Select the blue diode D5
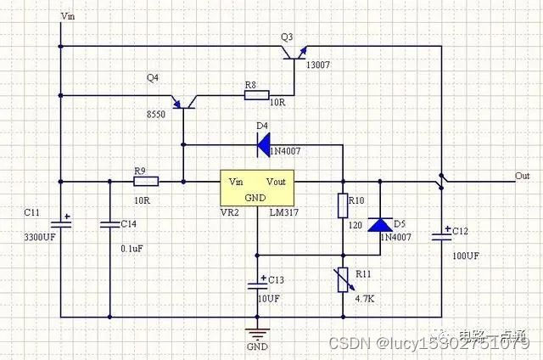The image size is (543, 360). click(379, 225)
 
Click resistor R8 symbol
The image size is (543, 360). click(257, 95)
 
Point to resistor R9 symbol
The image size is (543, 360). click(146, 180)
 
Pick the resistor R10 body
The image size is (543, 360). click(344, 205)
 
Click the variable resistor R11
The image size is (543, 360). click(344, 278)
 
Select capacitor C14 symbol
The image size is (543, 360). click(109, 224)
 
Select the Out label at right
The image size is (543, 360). click(522, 176)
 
